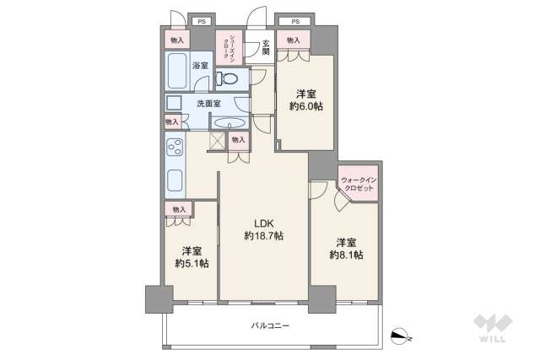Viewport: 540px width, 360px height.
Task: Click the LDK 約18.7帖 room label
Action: point(263,229)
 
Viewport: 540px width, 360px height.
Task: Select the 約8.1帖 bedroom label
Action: point(346,247)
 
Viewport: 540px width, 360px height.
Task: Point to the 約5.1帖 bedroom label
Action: point(192,256)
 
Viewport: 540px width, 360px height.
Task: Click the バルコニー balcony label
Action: point(271,325)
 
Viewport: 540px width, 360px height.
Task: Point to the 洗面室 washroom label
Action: point(208,104)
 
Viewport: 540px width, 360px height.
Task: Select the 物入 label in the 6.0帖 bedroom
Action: point(293,40)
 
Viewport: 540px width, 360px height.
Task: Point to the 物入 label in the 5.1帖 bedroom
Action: point(178,208)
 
